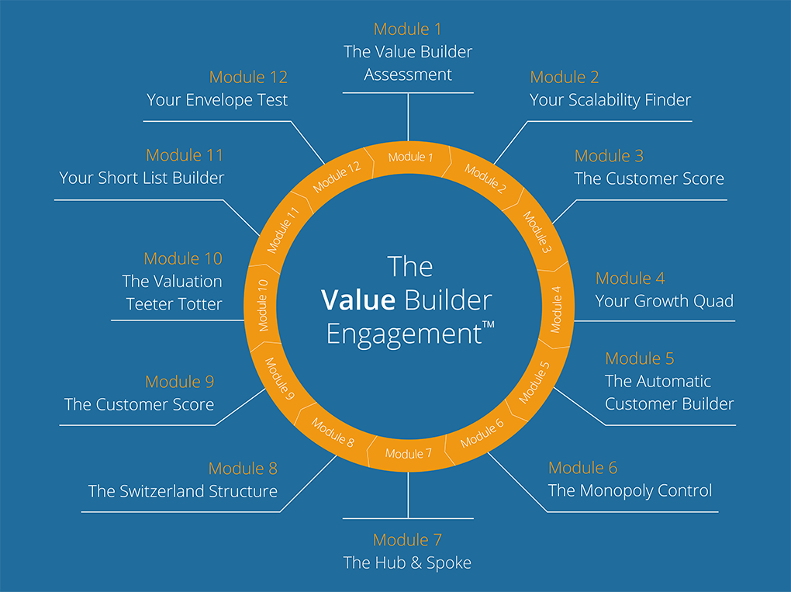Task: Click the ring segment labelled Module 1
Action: point(407,157)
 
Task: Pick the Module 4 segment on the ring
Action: point(556,306)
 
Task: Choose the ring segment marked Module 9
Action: point(280,378)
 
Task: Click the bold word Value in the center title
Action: point(358,300)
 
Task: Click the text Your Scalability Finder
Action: point(610,100)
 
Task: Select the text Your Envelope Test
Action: point(217,100)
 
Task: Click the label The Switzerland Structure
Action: point(183,491)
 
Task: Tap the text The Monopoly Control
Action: point(630,490)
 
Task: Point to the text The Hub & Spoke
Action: point(407,563)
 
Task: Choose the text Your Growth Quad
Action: point(664,301)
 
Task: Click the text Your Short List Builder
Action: point(142,178)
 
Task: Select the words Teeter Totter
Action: point(174,304)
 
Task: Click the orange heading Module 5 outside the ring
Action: point(640,358)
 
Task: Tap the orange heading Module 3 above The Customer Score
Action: point(609,156)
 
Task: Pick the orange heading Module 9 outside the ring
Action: point(179,382)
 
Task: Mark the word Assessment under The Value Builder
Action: point(408,74)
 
